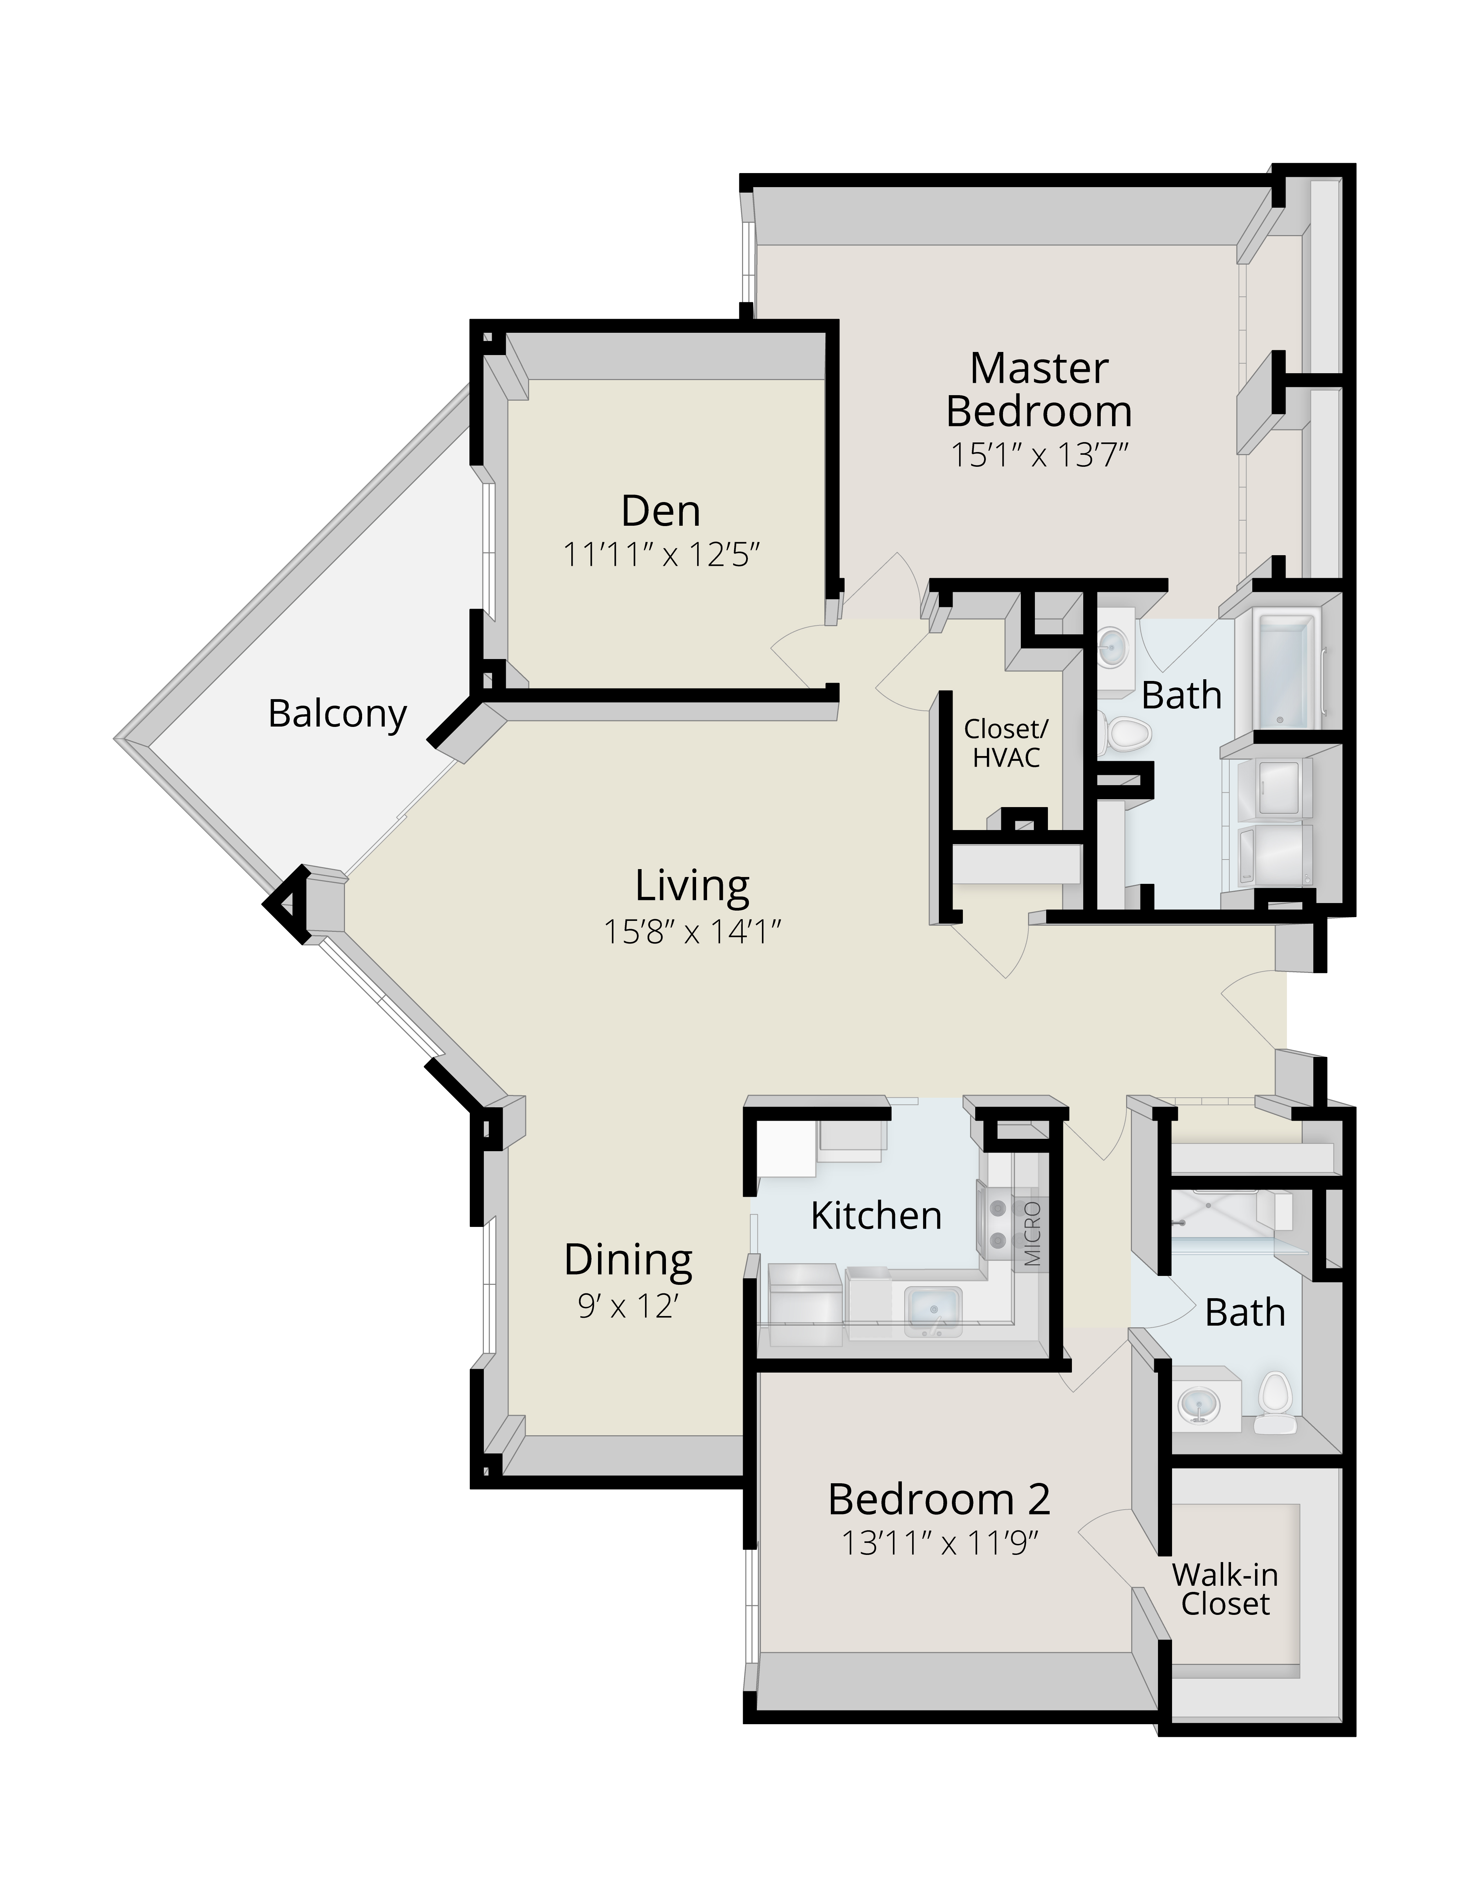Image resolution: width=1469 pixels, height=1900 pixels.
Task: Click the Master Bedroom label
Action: point(1039,390)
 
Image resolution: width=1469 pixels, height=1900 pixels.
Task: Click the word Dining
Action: point(628,1260)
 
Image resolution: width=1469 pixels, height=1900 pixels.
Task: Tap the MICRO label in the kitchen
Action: point(1032,1234)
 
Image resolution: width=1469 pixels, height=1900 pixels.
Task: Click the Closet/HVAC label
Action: point(1006,744)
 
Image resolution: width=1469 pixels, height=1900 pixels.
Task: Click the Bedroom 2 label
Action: point(940,1499)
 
